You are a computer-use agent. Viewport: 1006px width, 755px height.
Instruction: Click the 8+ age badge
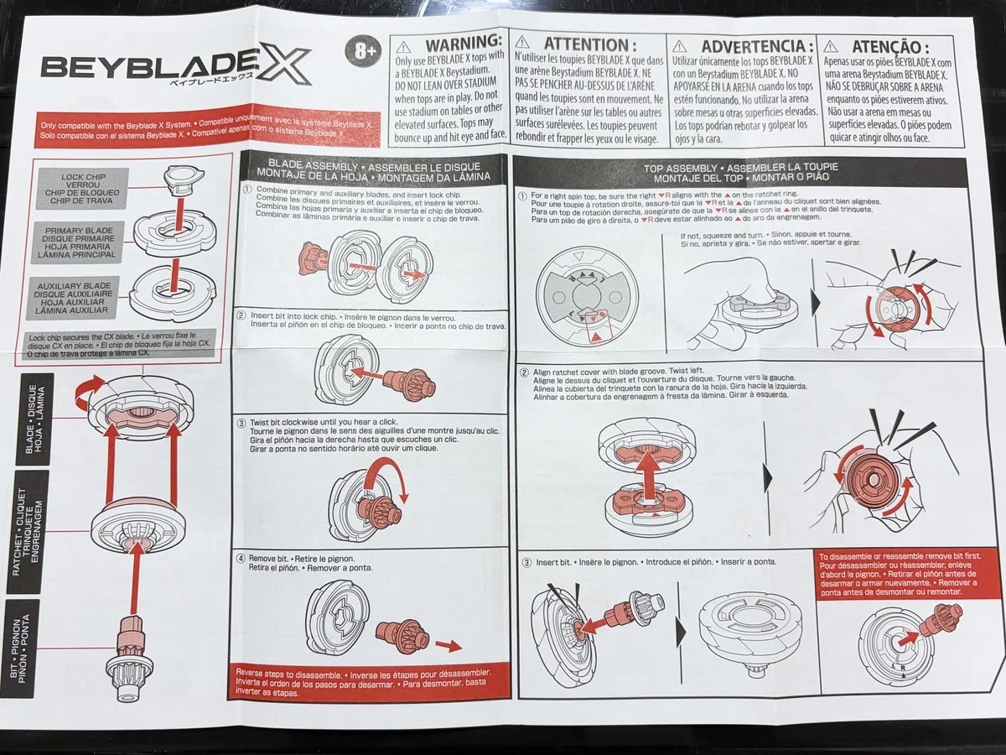pos(362,51)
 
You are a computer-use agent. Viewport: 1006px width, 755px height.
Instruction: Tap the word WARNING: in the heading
pos(464,43)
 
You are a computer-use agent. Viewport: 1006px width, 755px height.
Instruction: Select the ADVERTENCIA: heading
pos(757,46)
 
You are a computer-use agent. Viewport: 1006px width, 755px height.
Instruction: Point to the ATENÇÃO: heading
pos(890,47)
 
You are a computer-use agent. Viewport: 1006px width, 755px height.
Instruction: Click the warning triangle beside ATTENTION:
pos(522,43)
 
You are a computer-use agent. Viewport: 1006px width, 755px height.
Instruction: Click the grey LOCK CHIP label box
pos(82,189)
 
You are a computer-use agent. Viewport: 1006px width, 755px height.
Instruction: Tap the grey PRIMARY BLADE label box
pos(77,242)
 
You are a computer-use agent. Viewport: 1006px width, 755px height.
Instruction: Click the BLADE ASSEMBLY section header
pos(374,171)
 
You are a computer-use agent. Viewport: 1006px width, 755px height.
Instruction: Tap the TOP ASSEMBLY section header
pos(741,172)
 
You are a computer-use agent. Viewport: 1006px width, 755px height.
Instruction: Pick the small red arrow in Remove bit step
pos(449,646)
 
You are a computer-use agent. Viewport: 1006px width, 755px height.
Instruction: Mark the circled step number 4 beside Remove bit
pos(241,559)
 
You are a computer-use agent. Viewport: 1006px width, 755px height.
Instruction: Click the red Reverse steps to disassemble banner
pos(369,682)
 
